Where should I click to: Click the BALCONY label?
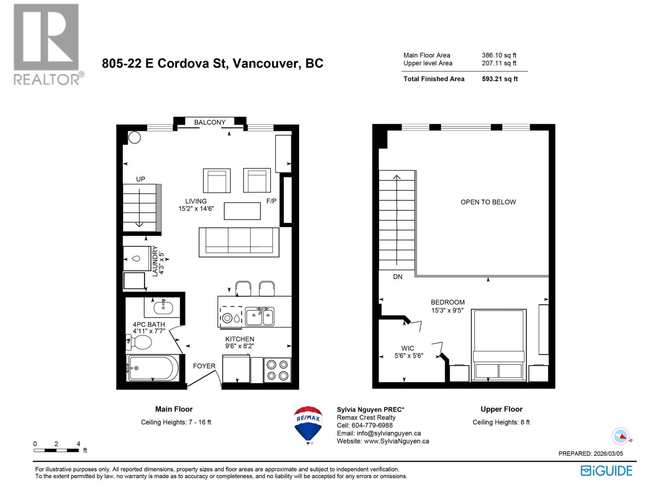[209, 122]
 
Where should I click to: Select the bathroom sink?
[163, 307]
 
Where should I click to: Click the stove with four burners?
[277, 370]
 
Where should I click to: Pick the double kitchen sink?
[260, 317]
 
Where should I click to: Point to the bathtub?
[153, 368]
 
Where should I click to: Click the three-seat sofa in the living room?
[239, 242]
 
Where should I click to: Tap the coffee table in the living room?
[242, 211]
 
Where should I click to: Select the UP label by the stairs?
[140, 179]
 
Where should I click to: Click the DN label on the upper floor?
[397, 277]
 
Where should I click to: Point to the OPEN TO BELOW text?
[488, 202]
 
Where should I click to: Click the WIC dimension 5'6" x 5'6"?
[409, 356]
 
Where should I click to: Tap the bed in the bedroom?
[498, 345]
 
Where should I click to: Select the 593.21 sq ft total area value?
[500, 79]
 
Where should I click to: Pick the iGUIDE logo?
[606, 471]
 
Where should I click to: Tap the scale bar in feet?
[56, 450]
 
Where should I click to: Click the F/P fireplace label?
[271, 201]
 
